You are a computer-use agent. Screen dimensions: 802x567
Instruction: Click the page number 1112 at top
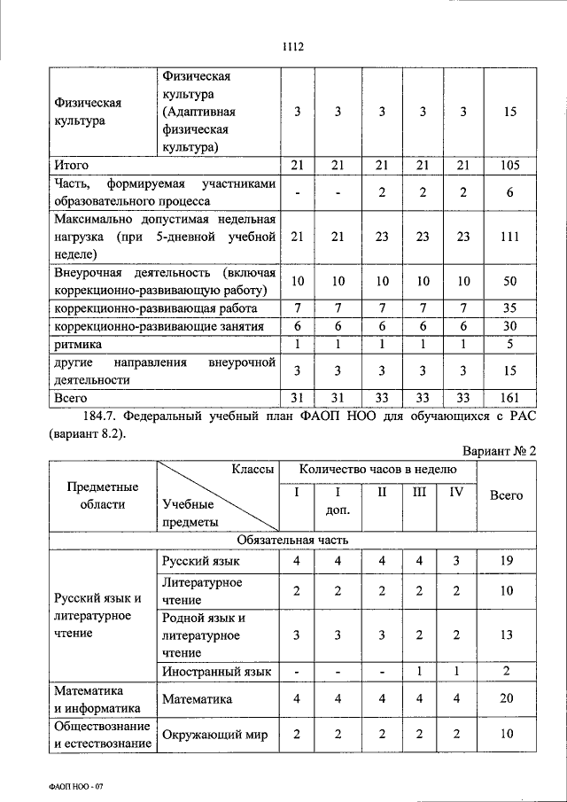coord(292,47)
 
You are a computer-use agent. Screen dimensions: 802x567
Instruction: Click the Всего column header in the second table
coord(507,495)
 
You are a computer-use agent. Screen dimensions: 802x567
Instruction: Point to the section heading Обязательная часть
coord(293,539)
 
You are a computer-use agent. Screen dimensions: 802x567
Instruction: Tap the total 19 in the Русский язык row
coord(507,561)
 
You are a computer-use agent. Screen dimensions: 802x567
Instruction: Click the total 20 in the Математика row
coord(507,698)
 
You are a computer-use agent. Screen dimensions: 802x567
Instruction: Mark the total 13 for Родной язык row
coord(507,634)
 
